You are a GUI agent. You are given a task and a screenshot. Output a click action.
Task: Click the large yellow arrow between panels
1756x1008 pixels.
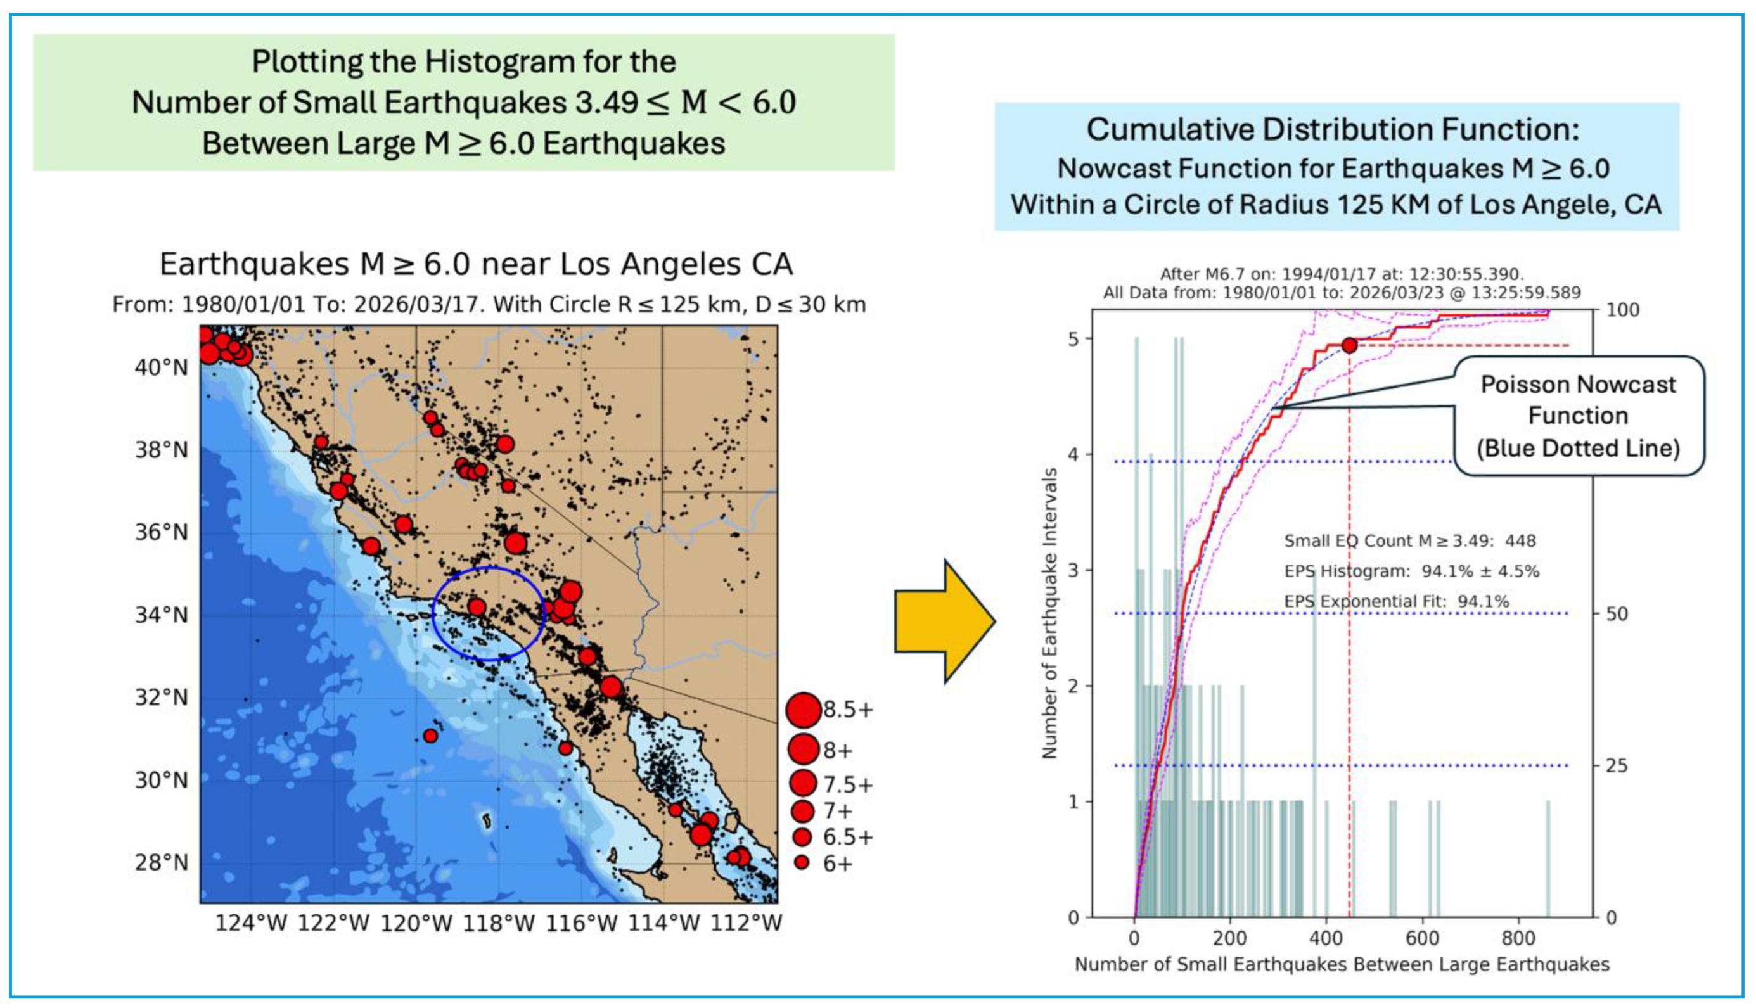click(x=944, y=621)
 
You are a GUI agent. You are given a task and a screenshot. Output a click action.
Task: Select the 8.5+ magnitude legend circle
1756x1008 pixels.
click(x=803, y=710)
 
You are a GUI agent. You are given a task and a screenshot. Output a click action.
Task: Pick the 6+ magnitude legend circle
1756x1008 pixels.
click(x=802, y=863)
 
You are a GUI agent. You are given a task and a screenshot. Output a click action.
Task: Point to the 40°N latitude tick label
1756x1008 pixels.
click(x=160, y=367)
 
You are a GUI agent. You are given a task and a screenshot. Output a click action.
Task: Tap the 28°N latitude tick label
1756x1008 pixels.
click(x=160, y=863)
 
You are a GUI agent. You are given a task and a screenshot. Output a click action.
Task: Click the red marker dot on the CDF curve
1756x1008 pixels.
click(x=1349, y=345)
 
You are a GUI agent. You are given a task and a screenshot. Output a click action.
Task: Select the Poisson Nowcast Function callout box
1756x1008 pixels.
click(x=1578, y=416)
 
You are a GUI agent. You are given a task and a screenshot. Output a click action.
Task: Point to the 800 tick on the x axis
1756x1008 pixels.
click(x=1518, y=938)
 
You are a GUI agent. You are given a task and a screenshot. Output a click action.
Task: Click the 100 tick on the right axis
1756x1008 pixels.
click(x=1622, y=310)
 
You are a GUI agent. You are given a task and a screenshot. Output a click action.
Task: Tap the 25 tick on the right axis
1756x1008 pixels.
click(x=1616, y=766)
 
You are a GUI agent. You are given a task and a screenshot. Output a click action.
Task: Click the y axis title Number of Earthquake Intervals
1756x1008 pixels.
click(x=1049, y=613)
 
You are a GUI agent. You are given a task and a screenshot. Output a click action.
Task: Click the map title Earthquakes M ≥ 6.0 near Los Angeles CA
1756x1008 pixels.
click(x=477, y=264)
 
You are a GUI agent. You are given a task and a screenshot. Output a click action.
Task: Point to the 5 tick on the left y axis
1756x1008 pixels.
click(x=1074, y=339)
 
